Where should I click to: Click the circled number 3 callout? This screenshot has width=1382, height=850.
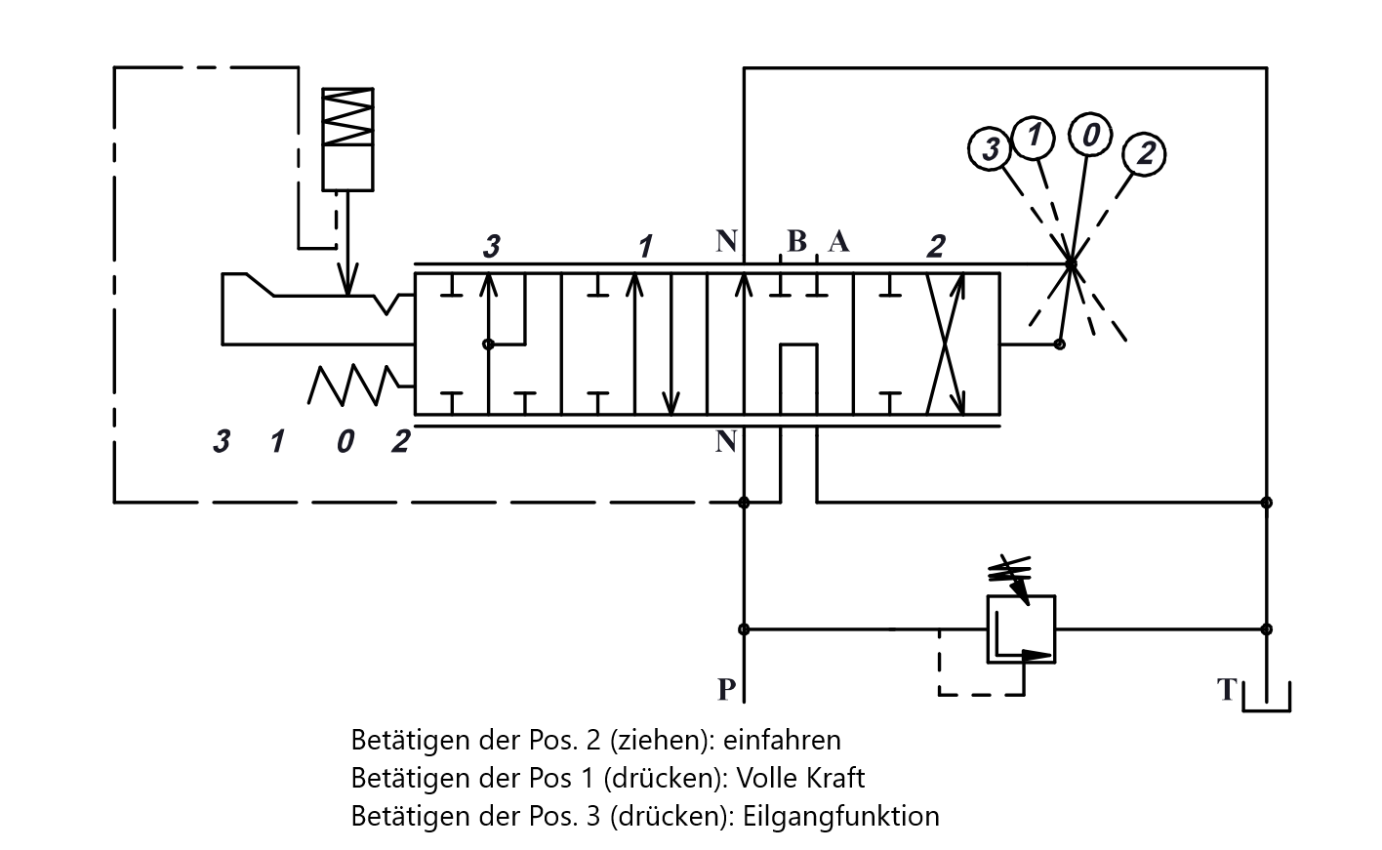point(990,148)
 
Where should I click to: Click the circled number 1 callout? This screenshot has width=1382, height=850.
point(1034,137)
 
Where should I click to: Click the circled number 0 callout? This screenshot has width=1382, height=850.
point(1090,134)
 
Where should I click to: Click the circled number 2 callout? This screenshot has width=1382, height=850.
point(1144,154)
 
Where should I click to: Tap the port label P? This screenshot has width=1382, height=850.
point(726,690)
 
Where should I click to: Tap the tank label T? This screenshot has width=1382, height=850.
point(1227,690)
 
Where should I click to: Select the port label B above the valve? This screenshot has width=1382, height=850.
point(796,241)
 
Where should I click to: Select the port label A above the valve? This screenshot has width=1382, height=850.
point(838,241)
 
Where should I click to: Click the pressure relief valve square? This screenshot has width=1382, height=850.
point(1022,629)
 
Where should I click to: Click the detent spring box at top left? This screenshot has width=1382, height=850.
point(347,139)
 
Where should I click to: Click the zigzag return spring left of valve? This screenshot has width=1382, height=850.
point(352,385)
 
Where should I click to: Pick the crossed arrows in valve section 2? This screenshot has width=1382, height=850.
point(946,344)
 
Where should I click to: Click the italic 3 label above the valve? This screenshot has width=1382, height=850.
point(492,247)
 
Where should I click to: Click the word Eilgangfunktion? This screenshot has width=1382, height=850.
point(840,816)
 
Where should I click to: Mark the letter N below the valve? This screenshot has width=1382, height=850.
point(726,442)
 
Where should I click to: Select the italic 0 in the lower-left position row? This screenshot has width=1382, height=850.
point(345,442)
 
